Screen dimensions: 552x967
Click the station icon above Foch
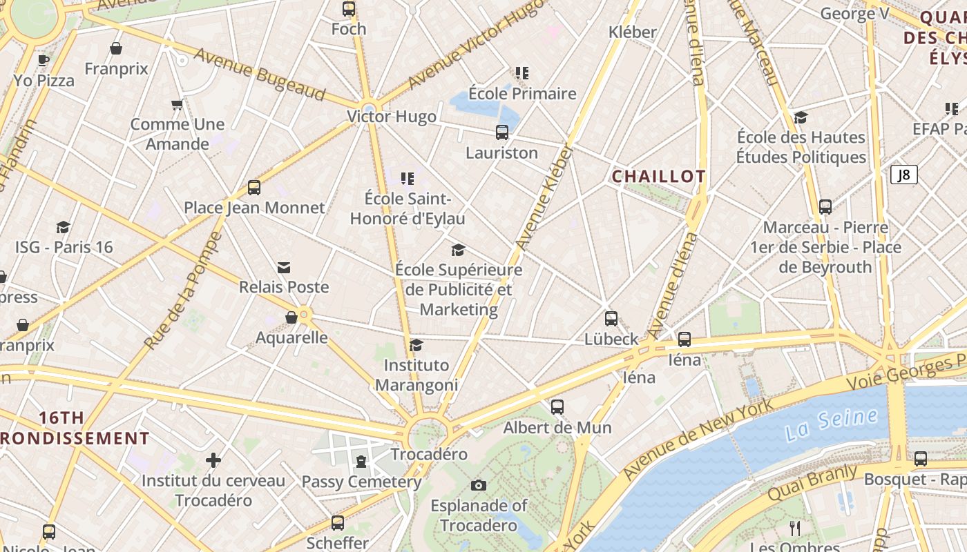pyautogui.click(x=349, y=9)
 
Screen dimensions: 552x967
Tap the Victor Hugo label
pyautogui.click(x=392, y=117)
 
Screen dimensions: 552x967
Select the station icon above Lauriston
pyautogui.click(x=502, y=132)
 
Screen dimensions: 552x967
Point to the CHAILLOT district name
pyautogui.click(x=658, y=177)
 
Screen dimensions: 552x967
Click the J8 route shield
pyautogui.click(x=903, y=175)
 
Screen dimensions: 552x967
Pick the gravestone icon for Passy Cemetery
pyautogui.click(x=361, y=462)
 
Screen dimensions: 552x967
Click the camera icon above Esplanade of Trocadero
pyautogui.click(x=478, y=486)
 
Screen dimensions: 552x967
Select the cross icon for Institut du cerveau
pyautogui.click(x=213, y=460)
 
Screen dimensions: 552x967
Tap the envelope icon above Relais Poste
pyautogui.click(x=283, y=268)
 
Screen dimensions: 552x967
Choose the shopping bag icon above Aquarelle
pyautogui.click(x=291, y=317)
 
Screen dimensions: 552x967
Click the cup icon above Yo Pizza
pyautogui.click(x=44, y=61)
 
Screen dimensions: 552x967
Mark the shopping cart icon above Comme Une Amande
pyautogui.click(x=177, y=105)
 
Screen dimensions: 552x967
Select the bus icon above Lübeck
pyautogui.click(x=611, y=319)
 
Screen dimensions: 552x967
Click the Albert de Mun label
pyautogui.click(x=557, y=428)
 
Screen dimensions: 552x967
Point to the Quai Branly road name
pyautogui.click(x=812, y=483)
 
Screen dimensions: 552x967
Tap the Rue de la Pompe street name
pyautogui.click(x=183, y=290)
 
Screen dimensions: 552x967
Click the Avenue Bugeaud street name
pyautogui.click(x=259, y=75)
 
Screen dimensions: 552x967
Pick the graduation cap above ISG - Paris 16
pyautogui.click(x=64, y=227)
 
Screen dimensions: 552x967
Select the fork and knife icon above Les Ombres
pyautogui.click(x=795, y=529)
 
